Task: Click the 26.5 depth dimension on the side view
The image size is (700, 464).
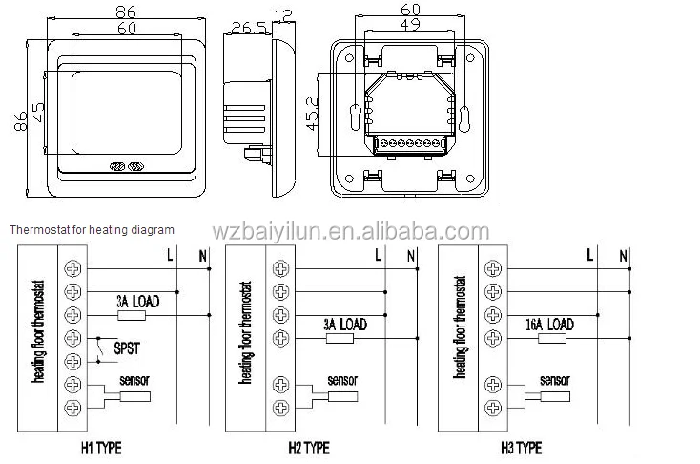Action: point(249,28)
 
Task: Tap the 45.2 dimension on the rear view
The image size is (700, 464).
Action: point(312,114)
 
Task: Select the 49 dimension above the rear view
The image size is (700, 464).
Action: point(410,24)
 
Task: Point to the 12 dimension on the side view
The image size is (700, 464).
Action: point(283,16)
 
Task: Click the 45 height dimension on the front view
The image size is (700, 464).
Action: point(39,113)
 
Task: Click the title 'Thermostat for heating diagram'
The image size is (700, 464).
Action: point(92,230)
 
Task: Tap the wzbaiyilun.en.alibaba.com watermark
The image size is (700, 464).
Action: point(350,232)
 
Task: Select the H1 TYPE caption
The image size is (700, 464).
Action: point(101,448)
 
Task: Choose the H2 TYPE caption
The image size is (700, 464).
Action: point(309,448)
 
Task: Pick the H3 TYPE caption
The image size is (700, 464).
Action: point(522,448)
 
